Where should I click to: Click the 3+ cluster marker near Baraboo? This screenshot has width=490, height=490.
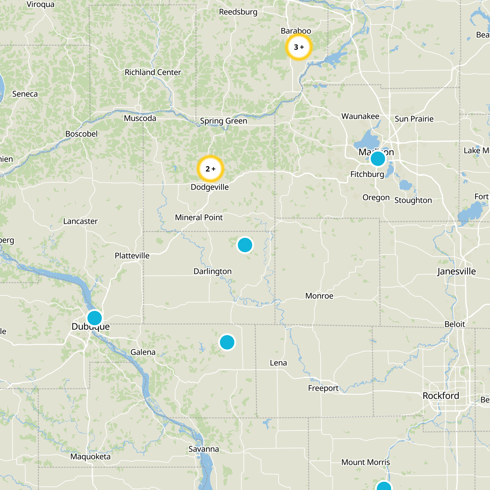(x=299, y=47)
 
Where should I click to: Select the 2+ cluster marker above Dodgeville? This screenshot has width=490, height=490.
(x=210, y=169)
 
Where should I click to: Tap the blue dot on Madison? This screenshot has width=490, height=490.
(x=378, y=159)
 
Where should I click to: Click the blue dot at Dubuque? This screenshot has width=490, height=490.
(x=95, y=318)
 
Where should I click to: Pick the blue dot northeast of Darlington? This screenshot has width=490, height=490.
(x=245, y=245)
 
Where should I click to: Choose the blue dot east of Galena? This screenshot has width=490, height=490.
(x=227, y=342)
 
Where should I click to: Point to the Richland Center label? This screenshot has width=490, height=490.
(x=153, y=72)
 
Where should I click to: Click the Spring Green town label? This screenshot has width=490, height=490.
(x=223, y=121)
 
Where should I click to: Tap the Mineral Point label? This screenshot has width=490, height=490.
(x=199, y=217)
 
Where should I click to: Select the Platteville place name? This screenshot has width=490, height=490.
(x=132, y=256)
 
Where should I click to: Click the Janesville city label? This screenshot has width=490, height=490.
(x=456, y=271)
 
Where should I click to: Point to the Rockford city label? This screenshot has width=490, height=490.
(x=441, y=396)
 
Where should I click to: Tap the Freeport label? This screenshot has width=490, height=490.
(x=323, y=388)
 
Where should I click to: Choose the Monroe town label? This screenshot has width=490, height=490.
(x=319, y=296)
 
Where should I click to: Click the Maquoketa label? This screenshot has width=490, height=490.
(x=90, y=457)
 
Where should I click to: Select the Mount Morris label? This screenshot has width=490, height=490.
(x=366, y=462)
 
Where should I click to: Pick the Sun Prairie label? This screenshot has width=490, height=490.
(x=414, y=119)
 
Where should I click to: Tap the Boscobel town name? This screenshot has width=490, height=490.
(x=81, y=134)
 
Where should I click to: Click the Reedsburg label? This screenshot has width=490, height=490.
(x=238, y=12)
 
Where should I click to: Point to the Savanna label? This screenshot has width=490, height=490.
(x=204, y=449)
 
